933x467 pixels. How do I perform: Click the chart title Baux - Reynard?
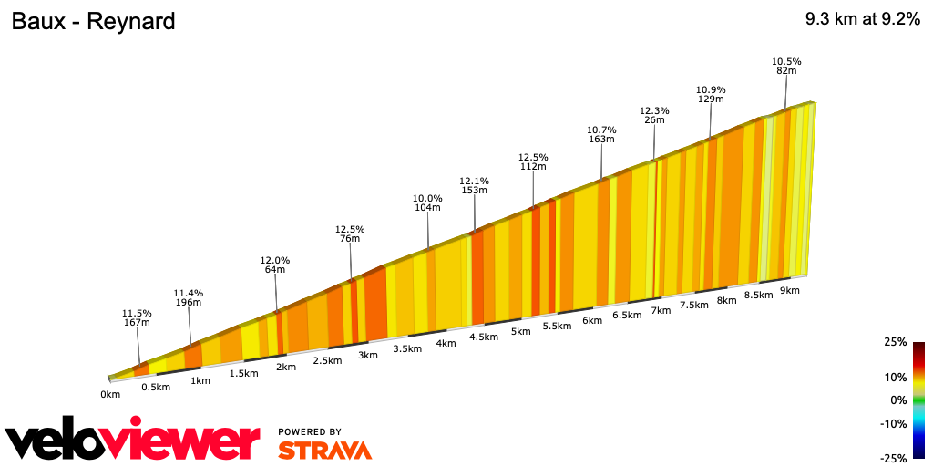[93, 21]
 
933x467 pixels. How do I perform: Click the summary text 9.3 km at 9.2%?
[862, 19]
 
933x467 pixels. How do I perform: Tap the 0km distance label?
[110, 394]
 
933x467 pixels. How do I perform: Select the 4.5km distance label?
[483, 337]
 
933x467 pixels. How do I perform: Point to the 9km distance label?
[789, 291]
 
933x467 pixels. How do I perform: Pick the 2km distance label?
[286, 367]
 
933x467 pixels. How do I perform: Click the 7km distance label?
[661, 310]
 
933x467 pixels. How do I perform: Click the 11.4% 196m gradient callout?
[189, 298]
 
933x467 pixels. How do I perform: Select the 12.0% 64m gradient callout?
[275, 265]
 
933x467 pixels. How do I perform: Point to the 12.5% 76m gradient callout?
[350, 234]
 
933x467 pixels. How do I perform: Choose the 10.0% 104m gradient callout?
[427, 203]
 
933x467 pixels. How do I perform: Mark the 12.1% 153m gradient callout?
[475, 185]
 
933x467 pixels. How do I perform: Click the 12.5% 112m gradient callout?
[533, 161]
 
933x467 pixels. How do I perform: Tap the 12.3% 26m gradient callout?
[654, 116]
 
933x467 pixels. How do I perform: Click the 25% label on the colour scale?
[895, 342]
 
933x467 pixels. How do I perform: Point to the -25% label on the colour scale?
[893, 458]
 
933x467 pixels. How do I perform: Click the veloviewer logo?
[133, 441]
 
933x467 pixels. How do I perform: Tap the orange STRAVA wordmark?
[324, 451]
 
